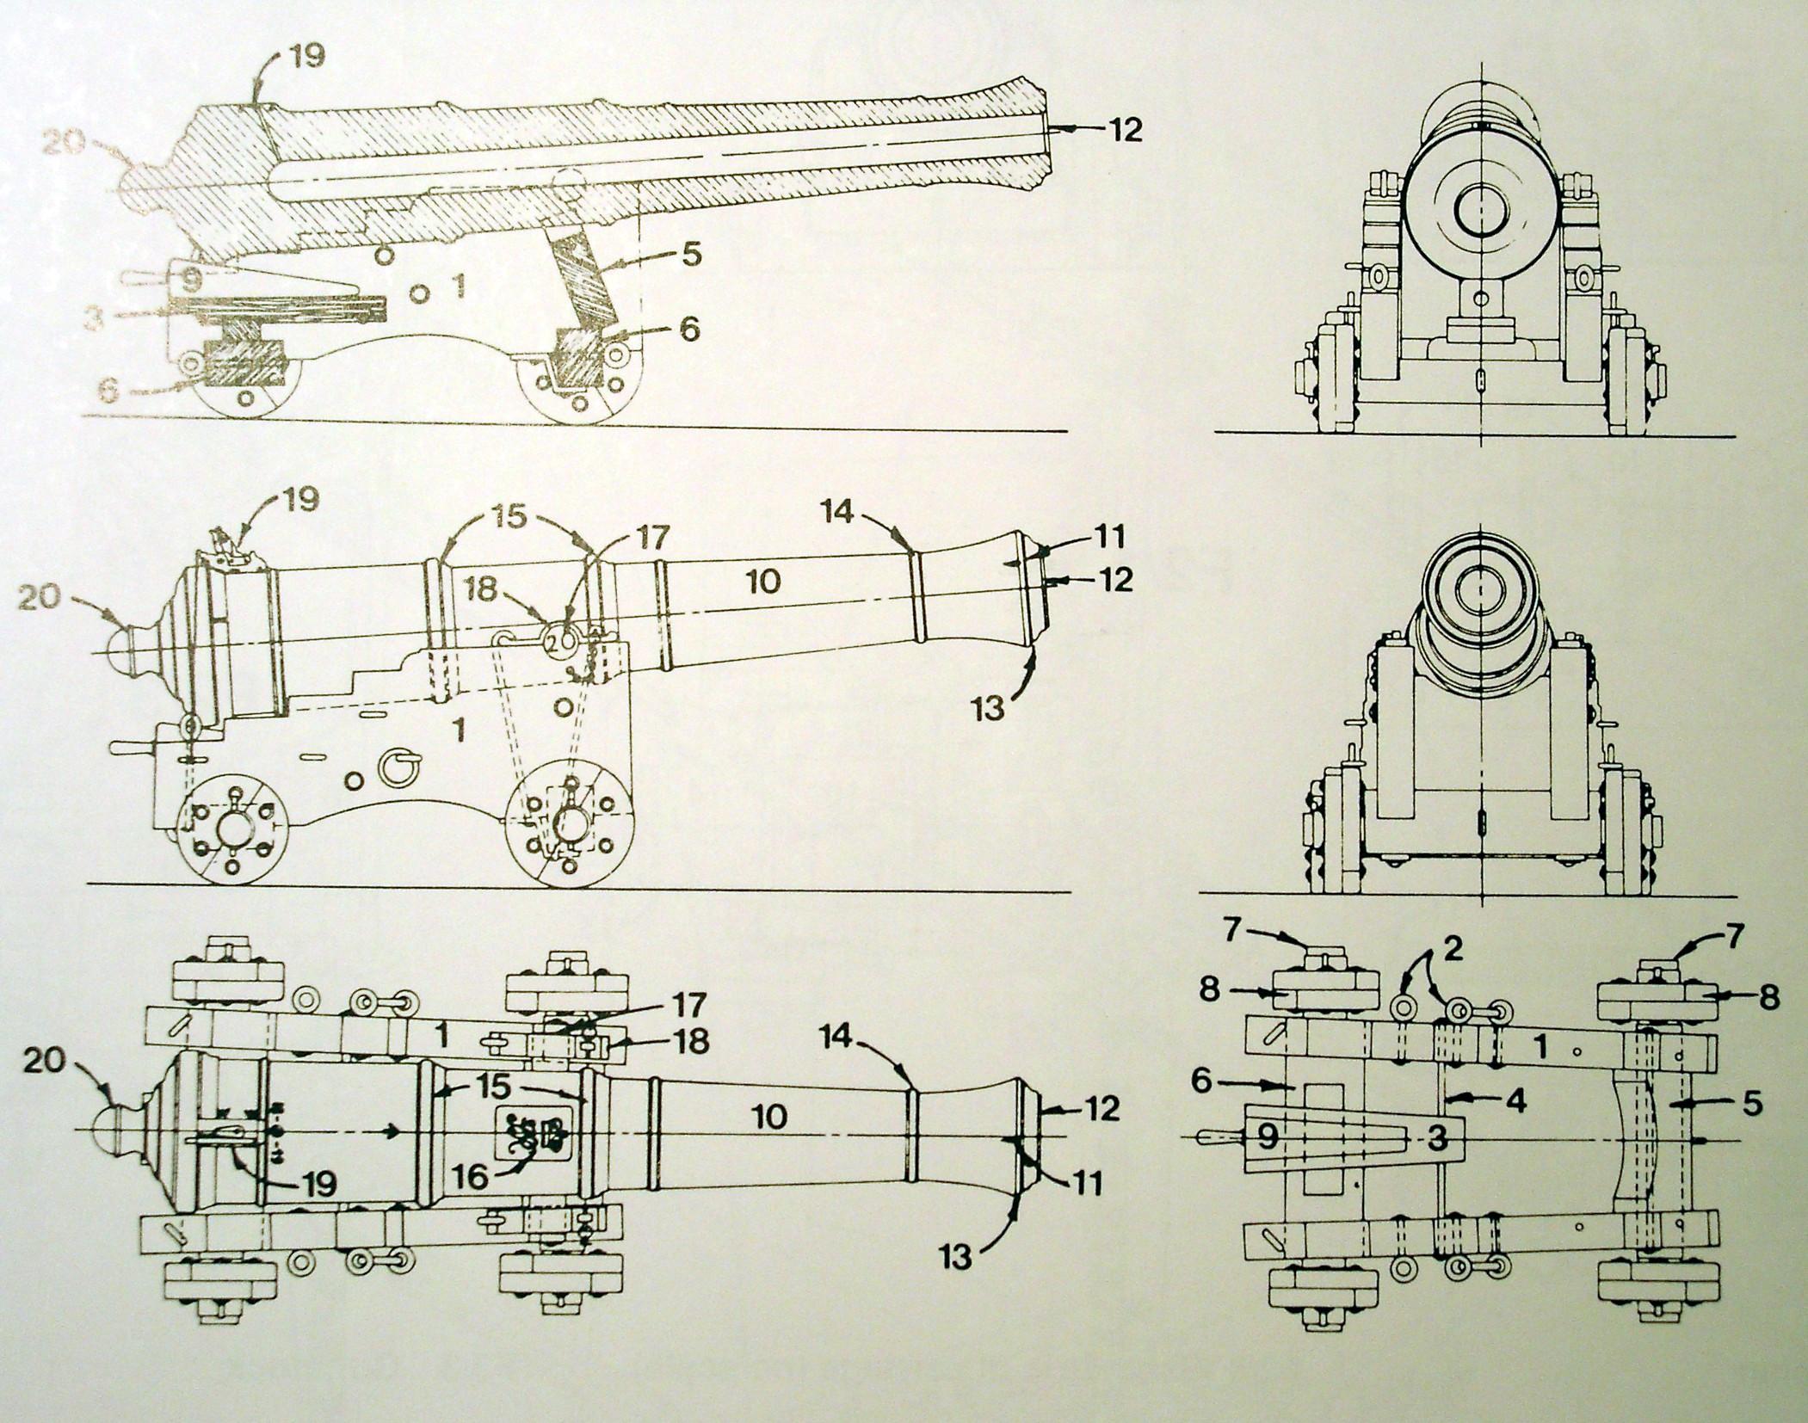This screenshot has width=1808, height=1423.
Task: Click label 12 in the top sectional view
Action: coord(1125,130)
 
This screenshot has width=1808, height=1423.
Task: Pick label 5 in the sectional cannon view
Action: coord(692,255)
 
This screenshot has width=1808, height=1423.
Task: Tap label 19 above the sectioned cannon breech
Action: coord(306,57)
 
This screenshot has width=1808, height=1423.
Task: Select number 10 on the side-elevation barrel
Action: coord(763,581)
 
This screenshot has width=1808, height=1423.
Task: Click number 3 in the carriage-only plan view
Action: coord(1436,1137)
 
